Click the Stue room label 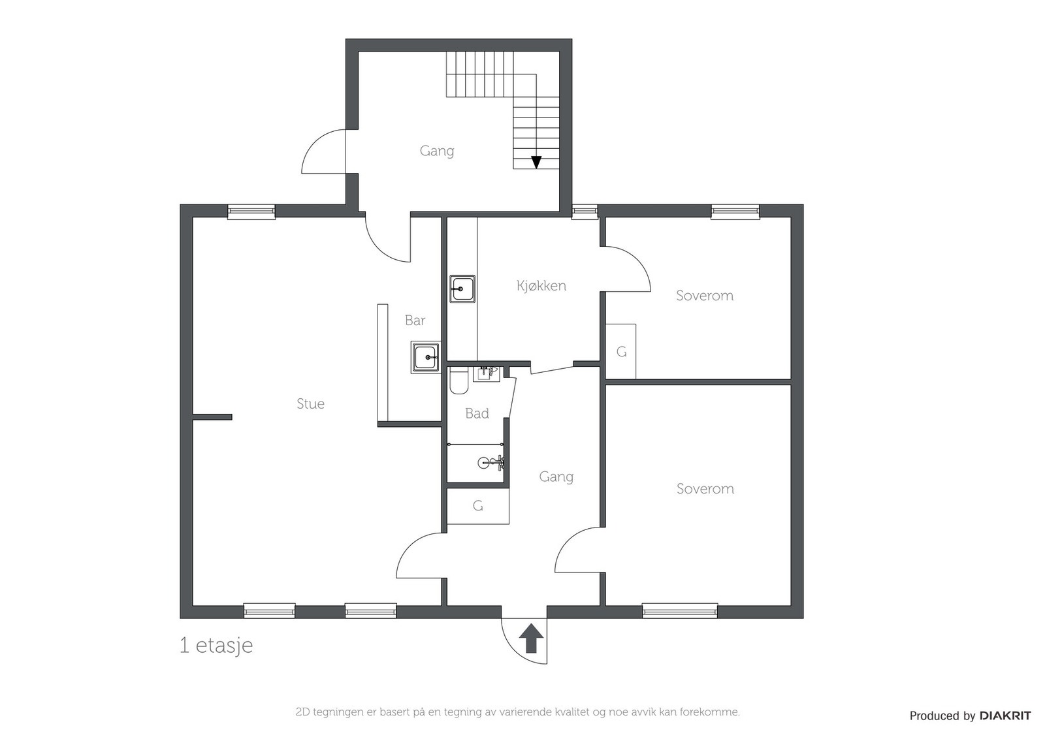[x=310, y=403]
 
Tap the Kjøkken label [x=541, y=285]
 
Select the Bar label [x=415, y=321]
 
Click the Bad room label [x=477, y=413]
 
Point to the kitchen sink [x=462, y=289]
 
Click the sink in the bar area [x=425, y=357]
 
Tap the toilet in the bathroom [x=459, y=381]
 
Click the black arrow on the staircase [x=536, y=162]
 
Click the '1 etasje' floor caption [x=216, y=646]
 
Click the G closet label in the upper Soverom [x=621, y=352]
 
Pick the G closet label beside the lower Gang [x=477, y=505]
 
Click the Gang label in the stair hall [x=437, y=151]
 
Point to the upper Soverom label [x=705, y=295]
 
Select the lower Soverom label [x=705, y=488]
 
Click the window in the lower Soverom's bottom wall [x=680, y=610]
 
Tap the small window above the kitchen [x=585, y=212]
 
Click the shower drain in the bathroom [x=483, y=462]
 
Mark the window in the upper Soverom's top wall [x=735, y=212]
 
